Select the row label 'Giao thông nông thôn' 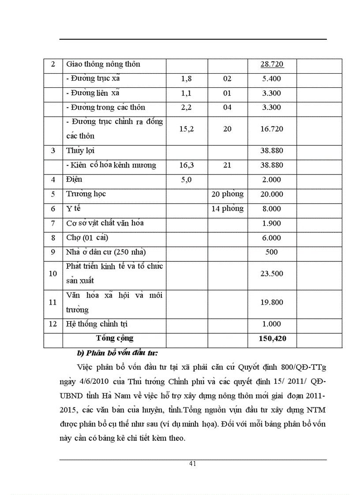click(103, 64)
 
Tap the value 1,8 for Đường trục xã click(186, 79)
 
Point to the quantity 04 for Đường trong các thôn click(227, 108)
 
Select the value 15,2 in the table click(186, 129)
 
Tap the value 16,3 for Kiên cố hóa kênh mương click(186, 165)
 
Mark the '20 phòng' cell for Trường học click(227, 194)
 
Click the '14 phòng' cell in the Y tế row click(227, 208)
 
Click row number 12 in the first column click(53, 324)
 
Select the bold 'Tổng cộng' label click(115, 338)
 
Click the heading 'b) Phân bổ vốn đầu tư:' click(117, 353)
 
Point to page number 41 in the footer click(192, 463)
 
